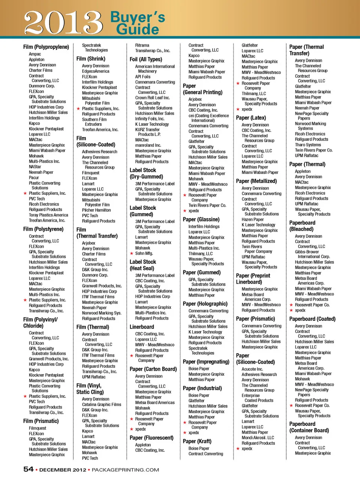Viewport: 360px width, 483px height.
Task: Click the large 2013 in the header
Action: [x=63, y=22]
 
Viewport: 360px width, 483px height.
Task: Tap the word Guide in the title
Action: [x=137, y=29]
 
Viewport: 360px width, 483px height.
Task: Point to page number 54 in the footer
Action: [x=28, y=469]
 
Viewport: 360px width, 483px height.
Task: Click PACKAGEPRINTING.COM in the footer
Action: [x=125, y=470]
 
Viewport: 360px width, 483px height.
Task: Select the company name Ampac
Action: [x=35, y=54]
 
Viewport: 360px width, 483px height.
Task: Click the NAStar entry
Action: [x=35, y=167]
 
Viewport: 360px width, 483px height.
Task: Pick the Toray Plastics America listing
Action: [x=48, y=215]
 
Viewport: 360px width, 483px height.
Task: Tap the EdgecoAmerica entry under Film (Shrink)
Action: [x=96, y=71]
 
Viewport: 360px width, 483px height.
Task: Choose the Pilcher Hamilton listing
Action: [x=96, y=210]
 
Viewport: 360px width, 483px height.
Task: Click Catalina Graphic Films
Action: [x=102, y=405]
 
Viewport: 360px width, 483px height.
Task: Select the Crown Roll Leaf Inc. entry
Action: [x=152, y=98]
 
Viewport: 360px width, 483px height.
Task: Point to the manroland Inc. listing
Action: [x=148, y=145]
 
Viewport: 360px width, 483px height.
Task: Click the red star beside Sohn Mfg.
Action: [x=131, y=253]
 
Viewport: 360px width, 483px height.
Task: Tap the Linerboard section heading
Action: [x=142, y=327]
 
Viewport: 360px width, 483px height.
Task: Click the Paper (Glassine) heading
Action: [x=201, y=220]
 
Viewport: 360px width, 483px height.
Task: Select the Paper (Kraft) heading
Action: [x=197, y=441]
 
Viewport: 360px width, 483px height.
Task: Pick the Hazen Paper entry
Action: [x=252, y=220]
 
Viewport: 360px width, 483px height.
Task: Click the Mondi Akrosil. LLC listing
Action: [x=258, y=438]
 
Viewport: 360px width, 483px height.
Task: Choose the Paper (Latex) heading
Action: [x=251, y=118]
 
